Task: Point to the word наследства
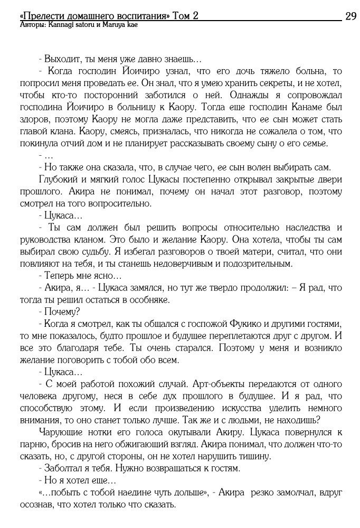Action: (306, 228)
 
